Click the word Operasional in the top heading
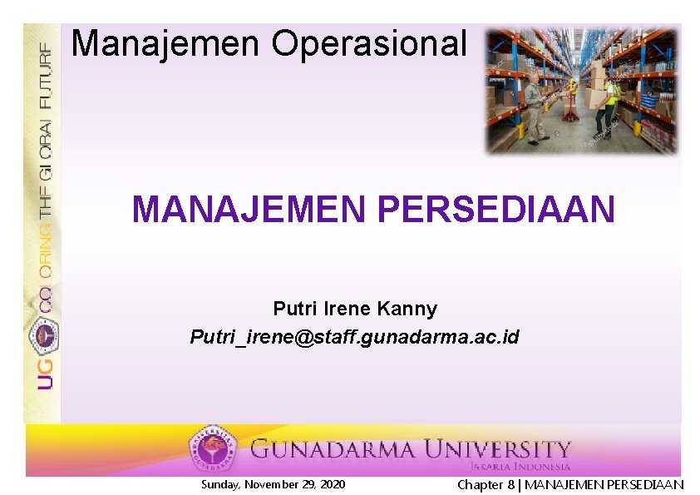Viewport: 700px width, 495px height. (368, 43)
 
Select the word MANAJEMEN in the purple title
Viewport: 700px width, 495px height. (248, 210)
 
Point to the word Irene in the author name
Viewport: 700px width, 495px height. (348, 309)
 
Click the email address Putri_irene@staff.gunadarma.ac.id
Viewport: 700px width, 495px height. (354, 337)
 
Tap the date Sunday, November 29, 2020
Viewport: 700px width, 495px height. (274, 484)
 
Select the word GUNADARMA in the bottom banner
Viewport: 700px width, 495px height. (333, 450)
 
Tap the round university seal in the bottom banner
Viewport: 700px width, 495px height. (213, 449)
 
